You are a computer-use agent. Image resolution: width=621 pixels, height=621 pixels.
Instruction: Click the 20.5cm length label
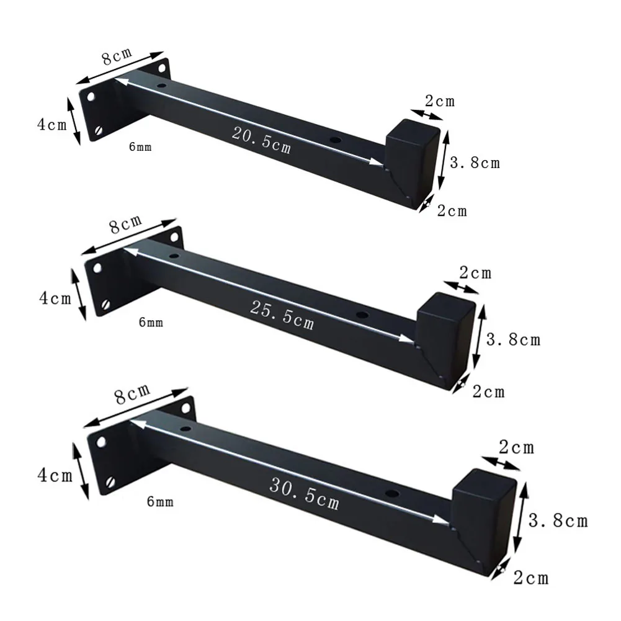click(x=261, y=140)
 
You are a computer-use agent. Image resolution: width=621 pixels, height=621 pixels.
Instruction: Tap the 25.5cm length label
click(x=282, y=315)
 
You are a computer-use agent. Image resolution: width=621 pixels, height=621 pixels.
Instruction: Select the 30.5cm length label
click(x=304, y=493)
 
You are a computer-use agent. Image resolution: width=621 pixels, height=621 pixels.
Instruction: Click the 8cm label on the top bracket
click(x=117, y=56)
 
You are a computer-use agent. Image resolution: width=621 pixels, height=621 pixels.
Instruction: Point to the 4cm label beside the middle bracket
click(x=55, y=298)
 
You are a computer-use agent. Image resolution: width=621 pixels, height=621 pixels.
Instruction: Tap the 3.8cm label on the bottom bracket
click(x=558, y=520)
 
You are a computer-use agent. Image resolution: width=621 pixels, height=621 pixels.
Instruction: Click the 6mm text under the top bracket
click(x=140, y=147)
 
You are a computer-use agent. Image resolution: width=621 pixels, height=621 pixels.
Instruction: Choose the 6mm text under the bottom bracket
click(x=160, y=502)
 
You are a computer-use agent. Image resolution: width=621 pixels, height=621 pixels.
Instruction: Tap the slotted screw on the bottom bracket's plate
click(x=110, y=482)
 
